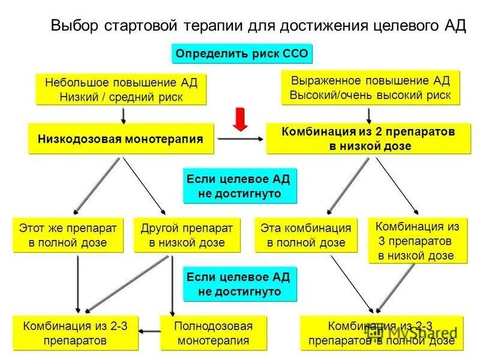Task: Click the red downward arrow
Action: click(x=240, y=119)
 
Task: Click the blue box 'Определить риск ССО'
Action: click(x=242, y=54)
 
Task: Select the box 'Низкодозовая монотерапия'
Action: click(x=121, y=139)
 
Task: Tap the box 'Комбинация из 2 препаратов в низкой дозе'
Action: click(x=369, y=139)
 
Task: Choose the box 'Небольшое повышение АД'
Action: click(x=121, y=89)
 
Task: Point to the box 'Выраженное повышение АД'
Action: click(x=370, y=88)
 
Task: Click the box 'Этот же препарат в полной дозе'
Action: click(x=67, y=235)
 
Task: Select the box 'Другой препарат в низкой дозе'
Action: click(x=187, y=235)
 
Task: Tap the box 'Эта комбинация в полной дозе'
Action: click(x=305, y=235)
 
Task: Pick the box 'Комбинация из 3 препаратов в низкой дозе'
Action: click(x=416, y=241)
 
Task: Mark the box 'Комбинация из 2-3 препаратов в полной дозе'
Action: click(x=381, y=334)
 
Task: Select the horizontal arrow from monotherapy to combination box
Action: click(x=240, y=139)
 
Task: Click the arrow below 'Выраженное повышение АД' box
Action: click(x=368, y=115)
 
